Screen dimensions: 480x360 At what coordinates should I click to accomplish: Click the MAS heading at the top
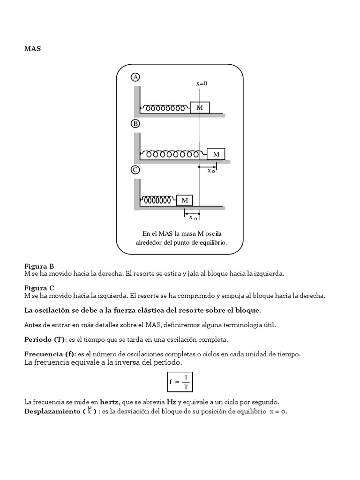32,48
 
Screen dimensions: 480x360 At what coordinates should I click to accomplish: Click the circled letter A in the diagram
135,77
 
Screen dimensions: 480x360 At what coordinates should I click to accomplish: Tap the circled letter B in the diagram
135,124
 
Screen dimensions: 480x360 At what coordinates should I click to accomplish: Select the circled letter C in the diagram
135,170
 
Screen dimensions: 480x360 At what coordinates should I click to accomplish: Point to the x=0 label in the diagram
202,83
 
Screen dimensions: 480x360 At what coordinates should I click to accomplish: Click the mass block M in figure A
200,108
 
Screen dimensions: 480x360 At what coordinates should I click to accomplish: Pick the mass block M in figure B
216,154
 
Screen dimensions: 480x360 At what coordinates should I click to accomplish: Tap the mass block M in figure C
185,200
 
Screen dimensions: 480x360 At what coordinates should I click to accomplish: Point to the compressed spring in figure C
157,200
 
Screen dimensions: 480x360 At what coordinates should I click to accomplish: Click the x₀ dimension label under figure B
211,171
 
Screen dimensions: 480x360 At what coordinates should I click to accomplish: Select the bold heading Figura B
39,266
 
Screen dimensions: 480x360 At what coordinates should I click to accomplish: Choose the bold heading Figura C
39,287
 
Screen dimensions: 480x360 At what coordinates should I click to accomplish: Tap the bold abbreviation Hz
171,402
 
